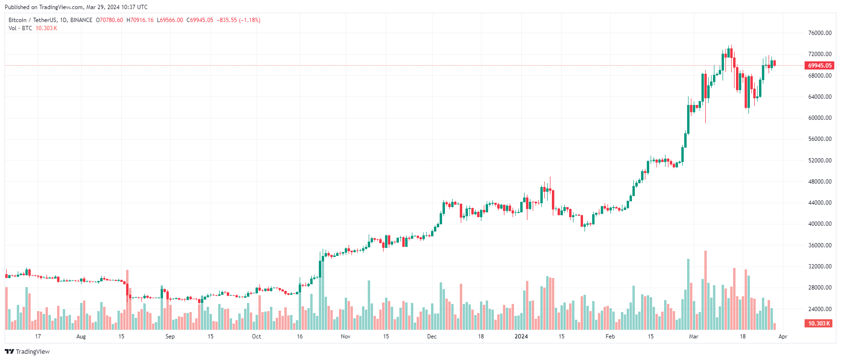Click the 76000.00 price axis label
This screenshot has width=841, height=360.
819,33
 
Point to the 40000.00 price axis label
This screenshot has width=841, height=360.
819,224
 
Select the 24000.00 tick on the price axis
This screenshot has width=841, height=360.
819,309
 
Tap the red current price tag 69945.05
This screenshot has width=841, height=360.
819,66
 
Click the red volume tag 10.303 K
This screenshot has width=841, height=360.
818,324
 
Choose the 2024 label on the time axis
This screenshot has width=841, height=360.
521,337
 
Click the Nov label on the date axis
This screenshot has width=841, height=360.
346,337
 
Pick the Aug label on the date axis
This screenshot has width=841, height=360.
81,337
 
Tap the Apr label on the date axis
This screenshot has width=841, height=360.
783,337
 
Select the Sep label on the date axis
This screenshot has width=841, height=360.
170,337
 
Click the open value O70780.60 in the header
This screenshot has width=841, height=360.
109,20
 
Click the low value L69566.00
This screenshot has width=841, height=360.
170,20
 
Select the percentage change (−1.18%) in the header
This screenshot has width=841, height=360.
250,20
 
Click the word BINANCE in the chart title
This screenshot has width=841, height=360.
81,20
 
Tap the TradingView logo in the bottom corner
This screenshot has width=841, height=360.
27,351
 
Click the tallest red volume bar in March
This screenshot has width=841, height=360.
705,290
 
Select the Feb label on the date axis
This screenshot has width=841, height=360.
610,337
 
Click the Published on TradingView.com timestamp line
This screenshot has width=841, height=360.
76,7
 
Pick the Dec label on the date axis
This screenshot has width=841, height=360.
432,337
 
